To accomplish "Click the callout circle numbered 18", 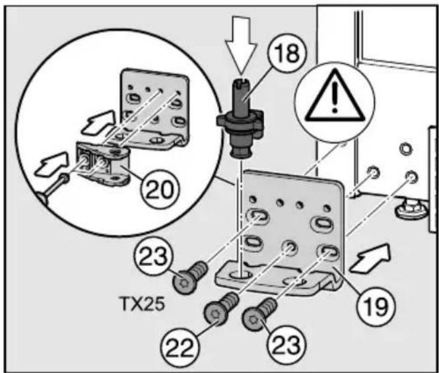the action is (x=287, y=53).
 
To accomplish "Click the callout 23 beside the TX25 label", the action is (x=153, y=257).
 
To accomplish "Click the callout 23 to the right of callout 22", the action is (x=286, y=345).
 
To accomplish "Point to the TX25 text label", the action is (x=141, y=304).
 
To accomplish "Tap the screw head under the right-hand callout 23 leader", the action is (x=253, y=319).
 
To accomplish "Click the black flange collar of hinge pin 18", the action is (x=240, y=122).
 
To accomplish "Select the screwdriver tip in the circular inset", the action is (x=65, y=178).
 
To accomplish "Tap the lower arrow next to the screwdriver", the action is (x=51, y=164).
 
